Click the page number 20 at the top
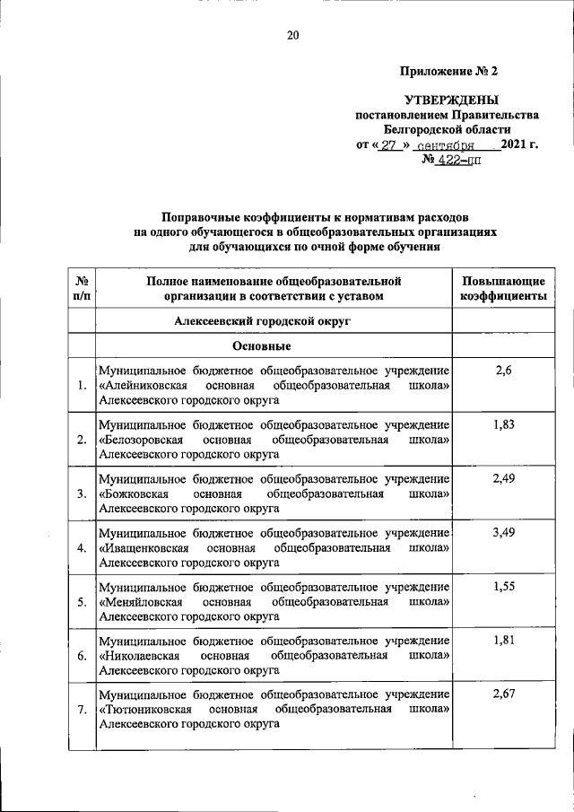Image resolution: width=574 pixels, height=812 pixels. tap(292, 36)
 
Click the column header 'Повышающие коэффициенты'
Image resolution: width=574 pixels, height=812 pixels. tap(502, 288)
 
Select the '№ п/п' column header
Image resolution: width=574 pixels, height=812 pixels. tap(82, 288)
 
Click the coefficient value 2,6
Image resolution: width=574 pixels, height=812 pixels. tap(503, 370)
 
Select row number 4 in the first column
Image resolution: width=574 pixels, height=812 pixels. tap(82, 548)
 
